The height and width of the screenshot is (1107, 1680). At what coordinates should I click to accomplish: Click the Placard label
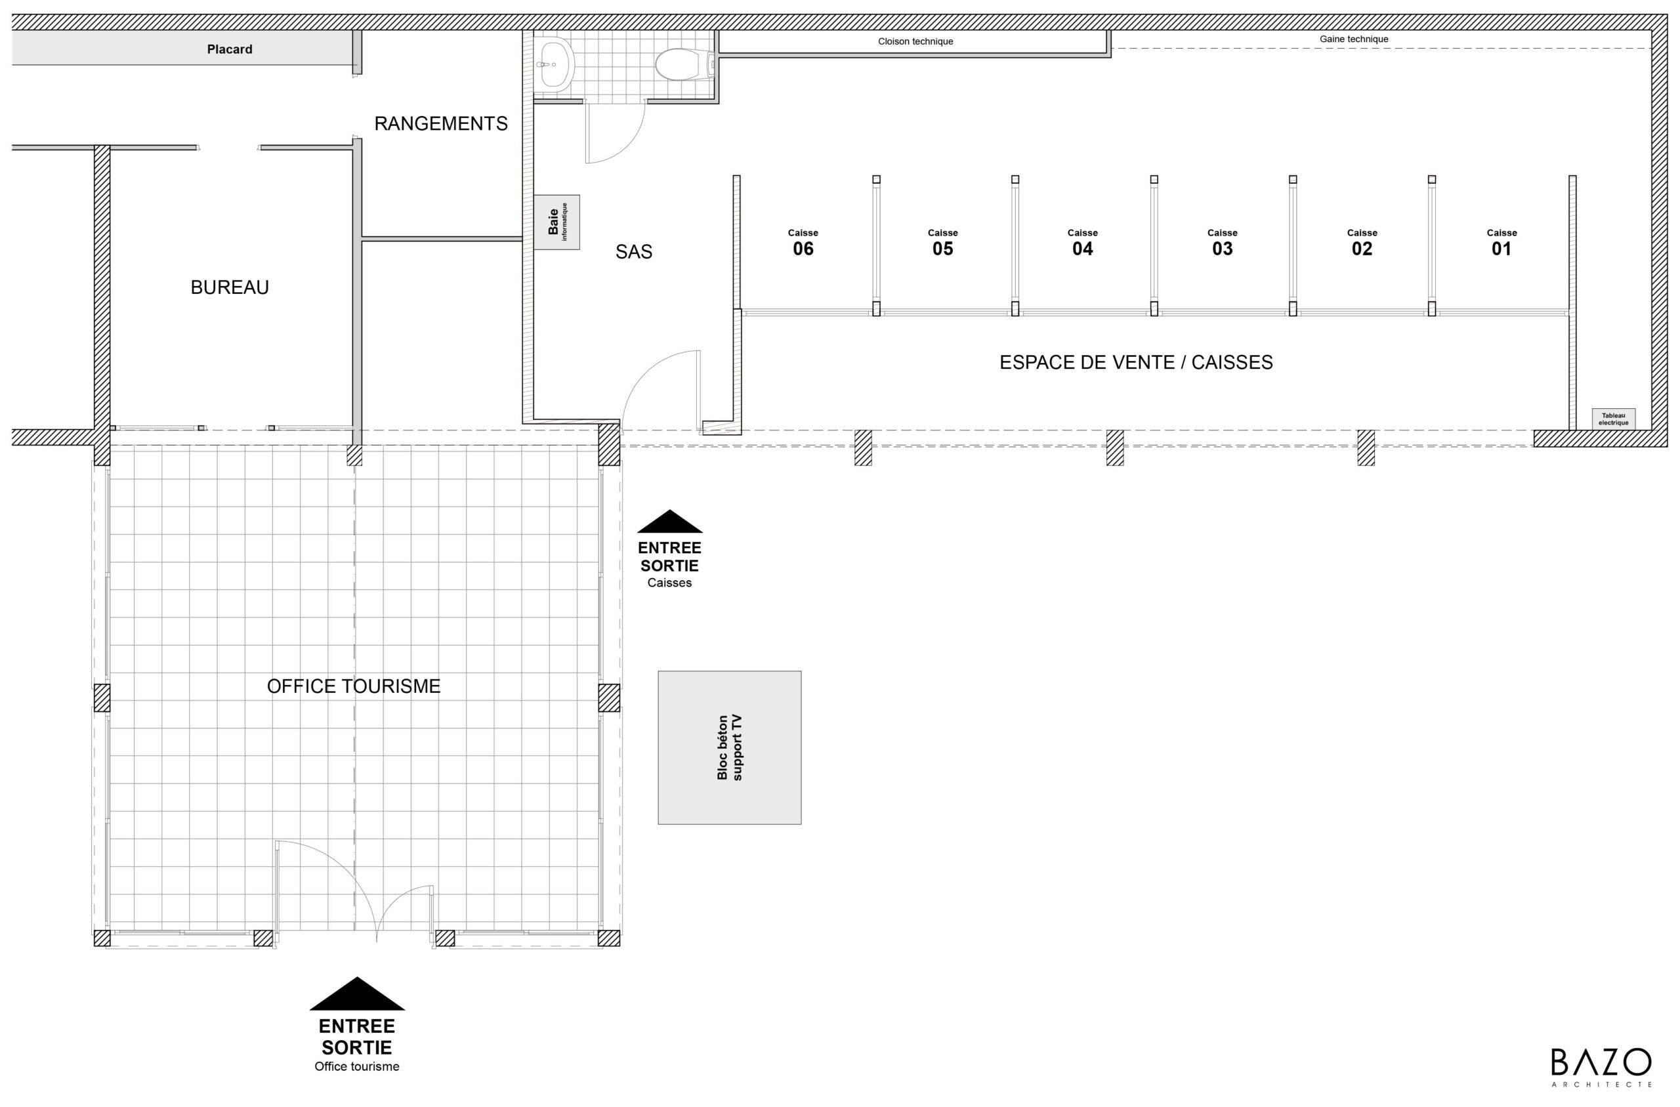pos(230,49)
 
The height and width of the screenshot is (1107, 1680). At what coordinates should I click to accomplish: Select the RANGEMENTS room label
pos(440,123)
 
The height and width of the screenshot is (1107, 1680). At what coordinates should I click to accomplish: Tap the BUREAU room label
pos(230,287)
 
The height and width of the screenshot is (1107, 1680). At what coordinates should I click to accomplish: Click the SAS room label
pos(633,252)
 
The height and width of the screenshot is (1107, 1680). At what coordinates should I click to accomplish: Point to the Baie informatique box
pos(556,222)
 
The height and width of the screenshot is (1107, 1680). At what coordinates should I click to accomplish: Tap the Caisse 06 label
pos(803,242)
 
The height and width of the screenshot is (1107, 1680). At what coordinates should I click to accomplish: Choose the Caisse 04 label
pos(1082,242)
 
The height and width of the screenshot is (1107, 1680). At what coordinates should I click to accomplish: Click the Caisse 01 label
pos(1501,242)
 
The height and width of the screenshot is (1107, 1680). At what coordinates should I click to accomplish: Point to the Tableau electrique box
pos(1614,419)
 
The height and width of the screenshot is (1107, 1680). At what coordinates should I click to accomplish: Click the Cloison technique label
pos(915,41)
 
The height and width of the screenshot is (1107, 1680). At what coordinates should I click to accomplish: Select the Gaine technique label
pos(1354,39)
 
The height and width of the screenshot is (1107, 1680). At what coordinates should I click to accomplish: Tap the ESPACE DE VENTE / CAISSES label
pos(1136,362)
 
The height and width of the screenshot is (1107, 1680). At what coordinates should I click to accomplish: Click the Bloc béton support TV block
pos(729,747)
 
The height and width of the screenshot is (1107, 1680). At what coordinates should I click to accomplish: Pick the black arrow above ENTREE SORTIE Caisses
pos(669,522)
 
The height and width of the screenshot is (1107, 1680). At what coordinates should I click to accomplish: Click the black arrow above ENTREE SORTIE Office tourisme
pos(357,993)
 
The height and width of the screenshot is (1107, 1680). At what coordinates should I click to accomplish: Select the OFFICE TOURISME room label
pos(354,686)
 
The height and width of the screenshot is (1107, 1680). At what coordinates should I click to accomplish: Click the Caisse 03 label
pos(1222,242)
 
